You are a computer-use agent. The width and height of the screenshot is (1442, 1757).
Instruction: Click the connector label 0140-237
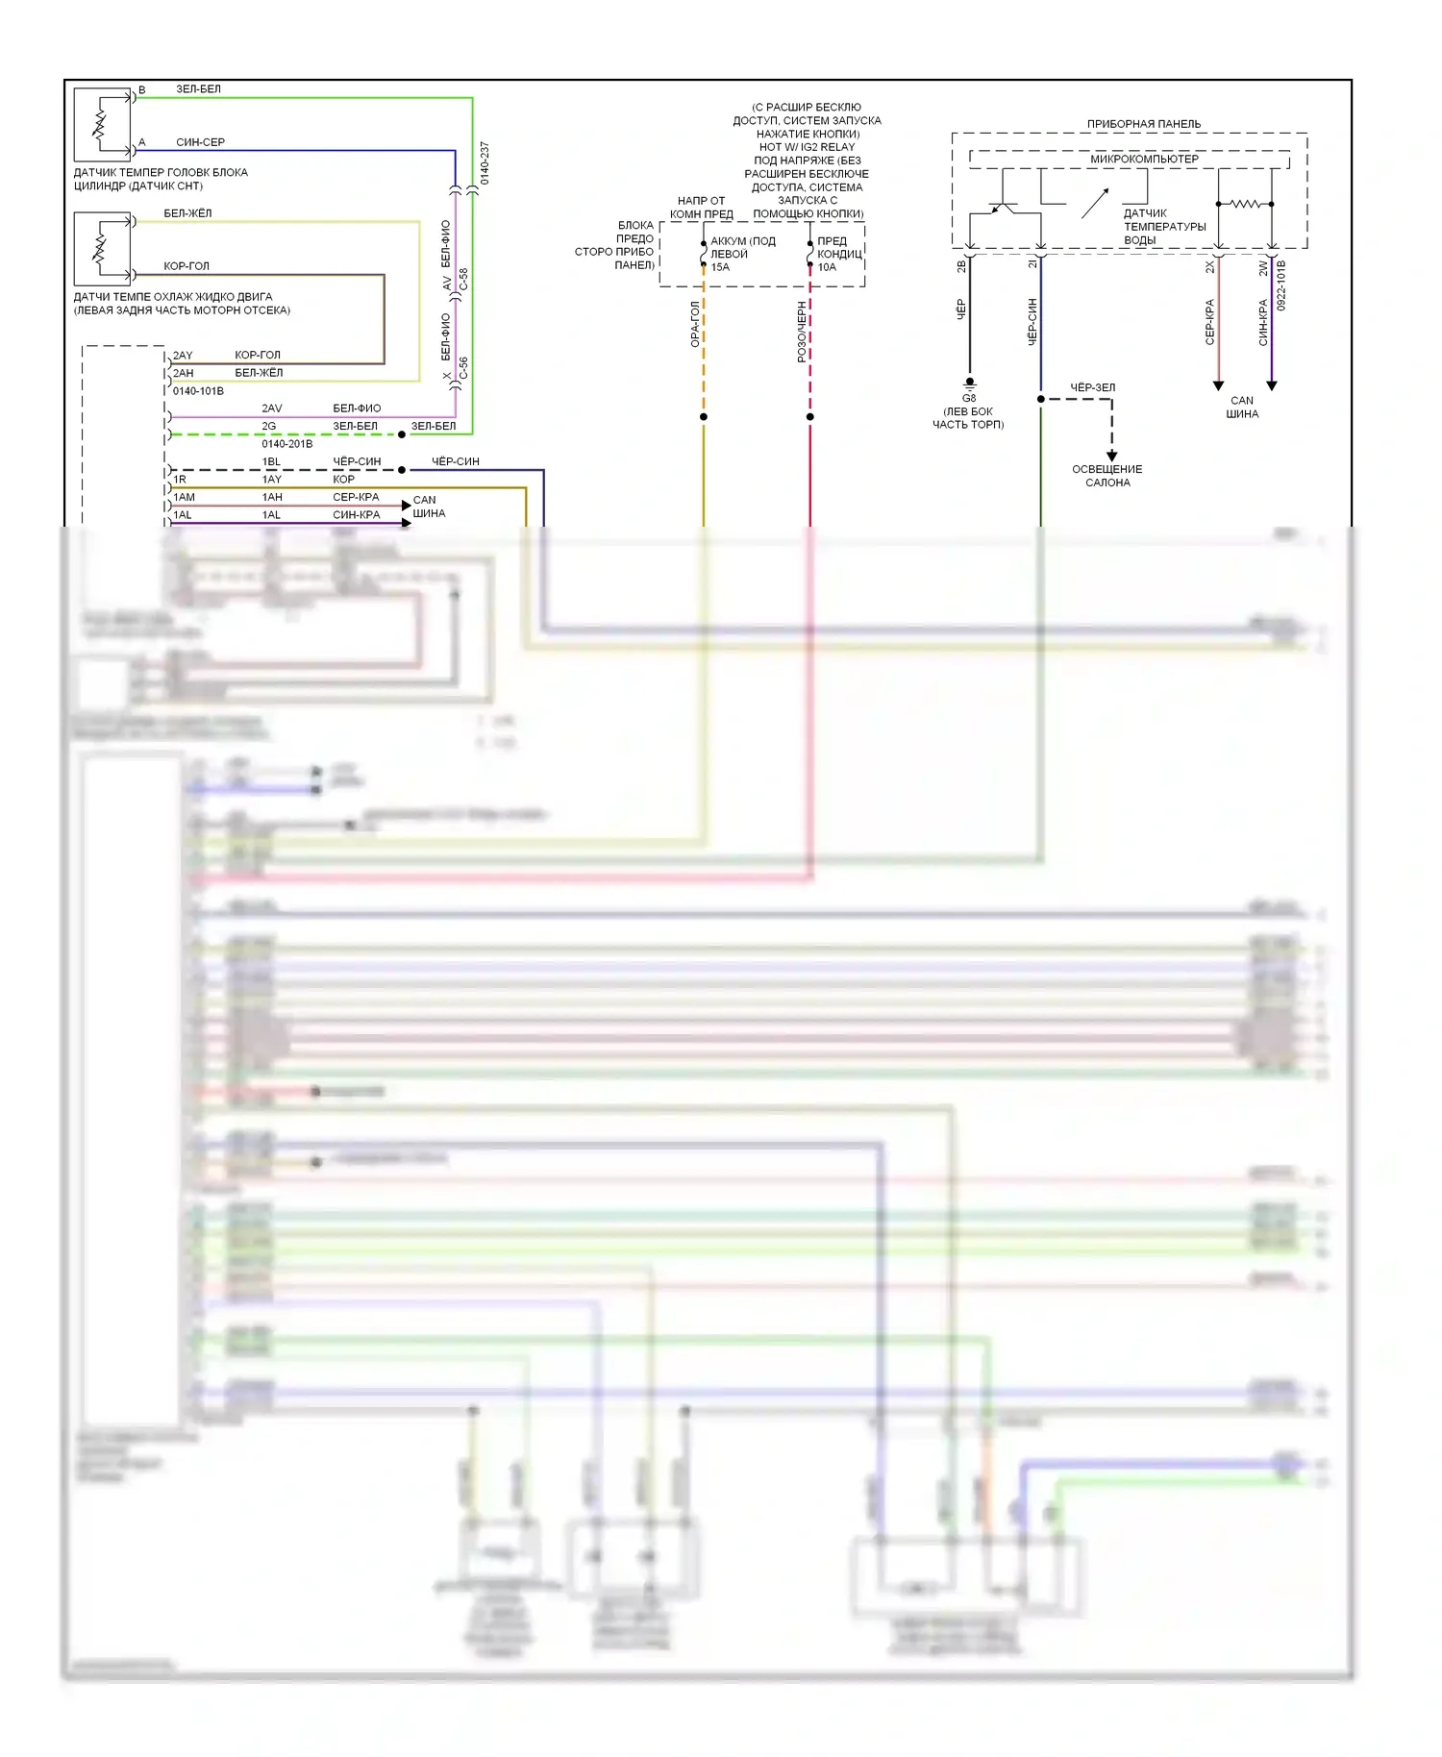point(485,163)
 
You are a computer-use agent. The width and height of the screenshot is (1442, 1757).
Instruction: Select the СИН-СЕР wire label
point(200,142)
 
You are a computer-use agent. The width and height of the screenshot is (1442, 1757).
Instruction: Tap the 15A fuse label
point(720,267)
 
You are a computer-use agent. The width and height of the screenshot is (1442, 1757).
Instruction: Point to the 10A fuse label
point(827,267)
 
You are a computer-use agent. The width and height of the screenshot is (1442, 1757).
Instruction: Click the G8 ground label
point(969,398)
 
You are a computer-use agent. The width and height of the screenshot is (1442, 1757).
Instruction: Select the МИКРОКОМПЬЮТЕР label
point(1144,159)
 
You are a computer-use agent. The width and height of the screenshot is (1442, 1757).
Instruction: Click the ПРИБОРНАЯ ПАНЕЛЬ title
point(1143,124)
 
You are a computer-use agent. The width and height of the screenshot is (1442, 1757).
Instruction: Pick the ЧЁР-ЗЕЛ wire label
point(1093,387)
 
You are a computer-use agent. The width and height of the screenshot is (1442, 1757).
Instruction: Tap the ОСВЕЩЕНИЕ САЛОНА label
point(1107,476)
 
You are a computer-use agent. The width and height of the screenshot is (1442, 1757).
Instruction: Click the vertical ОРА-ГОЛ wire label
point(695,324)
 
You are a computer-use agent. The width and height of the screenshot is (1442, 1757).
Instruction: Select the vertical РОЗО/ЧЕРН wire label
point(802,332)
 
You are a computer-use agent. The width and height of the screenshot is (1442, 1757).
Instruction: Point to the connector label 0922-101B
point(1281,285)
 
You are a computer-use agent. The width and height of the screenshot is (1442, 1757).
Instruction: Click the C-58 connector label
point(463,280)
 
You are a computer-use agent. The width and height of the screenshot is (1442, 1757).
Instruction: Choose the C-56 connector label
point(463,368)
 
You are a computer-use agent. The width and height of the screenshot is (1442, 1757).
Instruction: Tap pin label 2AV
point(272,408)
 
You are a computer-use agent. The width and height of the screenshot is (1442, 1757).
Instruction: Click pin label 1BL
point(272,461)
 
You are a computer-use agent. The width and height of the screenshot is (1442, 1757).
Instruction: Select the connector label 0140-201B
point(286,444)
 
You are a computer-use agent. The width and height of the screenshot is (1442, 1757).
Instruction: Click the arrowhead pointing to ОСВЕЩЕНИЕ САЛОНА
point(1112,456)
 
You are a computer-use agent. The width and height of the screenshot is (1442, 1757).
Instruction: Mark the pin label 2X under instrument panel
point(1209,267)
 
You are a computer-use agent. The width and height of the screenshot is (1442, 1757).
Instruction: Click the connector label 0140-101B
point(198,391)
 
